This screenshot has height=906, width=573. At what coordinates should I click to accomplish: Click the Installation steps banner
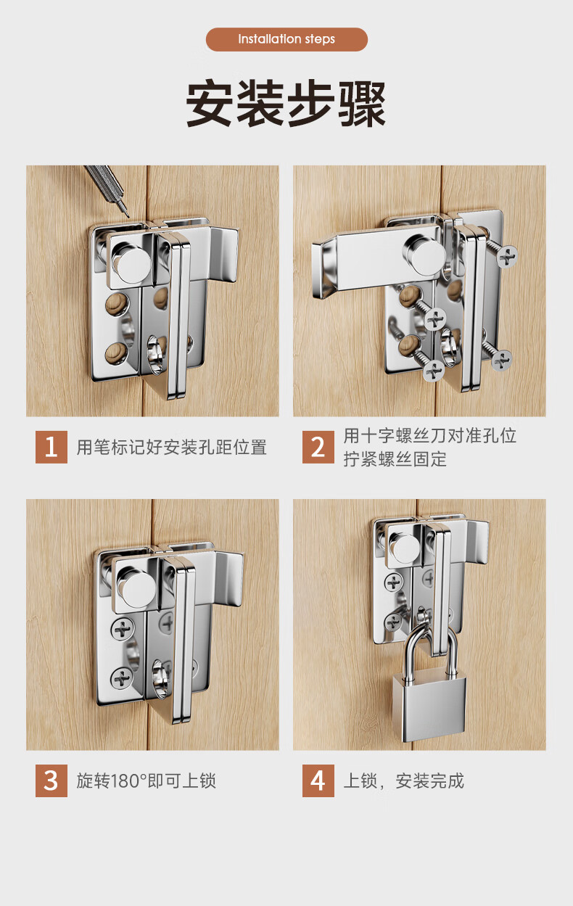pos(286,39)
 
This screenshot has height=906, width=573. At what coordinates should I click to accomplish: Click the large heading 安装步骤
pos(286,104)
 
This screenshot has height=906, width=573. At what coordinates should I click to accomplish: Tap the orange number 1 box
pos(51,447)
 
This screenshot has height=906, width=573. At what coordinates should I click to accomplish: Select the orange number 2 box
pos(318,447)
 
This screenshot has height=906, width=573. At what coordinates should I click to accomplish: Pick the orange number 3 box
pos(51,781)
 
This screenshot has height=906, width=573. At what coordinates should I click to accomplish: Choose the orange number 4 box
pos(318,781)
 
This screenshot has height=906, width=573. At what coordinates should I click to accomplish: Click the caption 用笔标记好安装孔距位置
pos(172,448)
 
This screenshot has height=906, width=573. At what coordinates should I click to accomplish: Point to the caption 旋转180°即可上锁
pos(147,781)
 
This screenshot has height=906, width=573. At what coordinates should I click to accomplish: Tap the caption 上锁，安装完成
pos(403,781)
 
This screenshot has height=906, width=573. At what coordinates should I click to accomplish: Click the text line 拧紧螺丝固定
pos(395,459)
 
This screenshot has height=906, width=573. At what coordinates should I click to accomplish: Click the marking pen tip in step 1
pos(127,215)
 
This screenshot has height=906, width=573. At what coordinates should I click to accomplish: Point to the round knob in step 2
pos(425,255)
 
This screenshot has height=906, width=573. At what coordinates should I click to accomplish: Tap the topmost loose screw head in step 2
pos(507,257)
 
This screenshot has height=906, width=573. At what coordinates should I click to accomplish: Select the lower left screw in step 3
pos(122,678)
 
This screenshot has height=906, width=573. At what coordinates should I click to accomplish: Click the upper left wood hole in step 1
pos(118,304)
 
